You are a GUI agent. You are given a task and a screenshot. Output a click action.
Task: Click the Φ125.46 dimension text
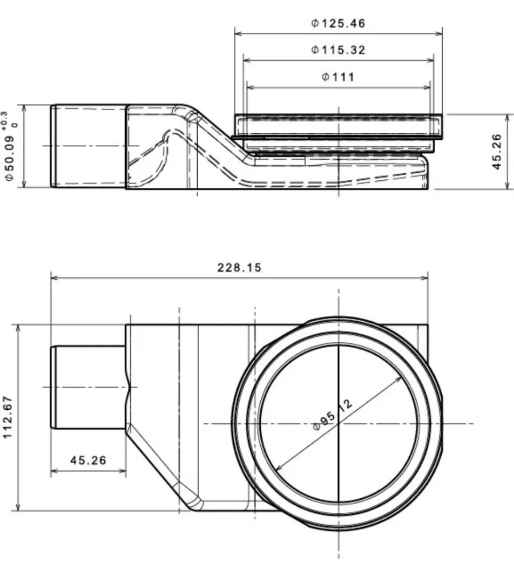point(339,23)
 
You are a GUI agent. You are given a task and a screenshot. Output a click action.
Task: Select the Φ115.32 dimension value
point(339,50)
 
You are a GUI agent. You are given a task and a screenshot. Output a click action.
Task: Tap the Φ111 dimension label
point(339,77)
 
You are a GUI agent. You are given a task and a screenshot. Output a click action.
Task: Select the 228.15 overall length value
point(239,267)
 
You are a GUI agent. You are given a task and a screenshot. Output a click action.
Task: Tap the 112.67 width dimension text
point(9,417)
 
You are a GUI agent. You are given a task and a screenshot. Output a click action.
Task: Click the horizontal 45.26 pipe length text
point(89,460)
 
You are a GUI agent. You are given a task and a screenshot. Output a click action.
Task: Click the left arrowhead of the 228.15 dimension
point(54,279)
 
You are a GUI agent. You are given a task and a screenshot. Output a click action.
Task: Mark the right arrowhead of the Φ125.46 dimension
point(439,33)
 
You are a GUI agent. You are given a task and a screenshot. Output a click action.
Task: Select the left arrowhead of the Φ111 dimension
point(250,87)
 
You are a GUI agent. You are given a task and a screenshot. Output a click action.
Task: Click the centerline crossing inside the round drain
point(339,423)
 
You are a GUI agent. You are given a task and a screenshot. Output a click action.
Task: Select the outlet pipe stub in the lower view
point(89,387)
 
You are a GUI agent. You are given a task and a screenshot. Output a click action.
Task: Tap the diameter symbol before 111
point(326,77)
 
